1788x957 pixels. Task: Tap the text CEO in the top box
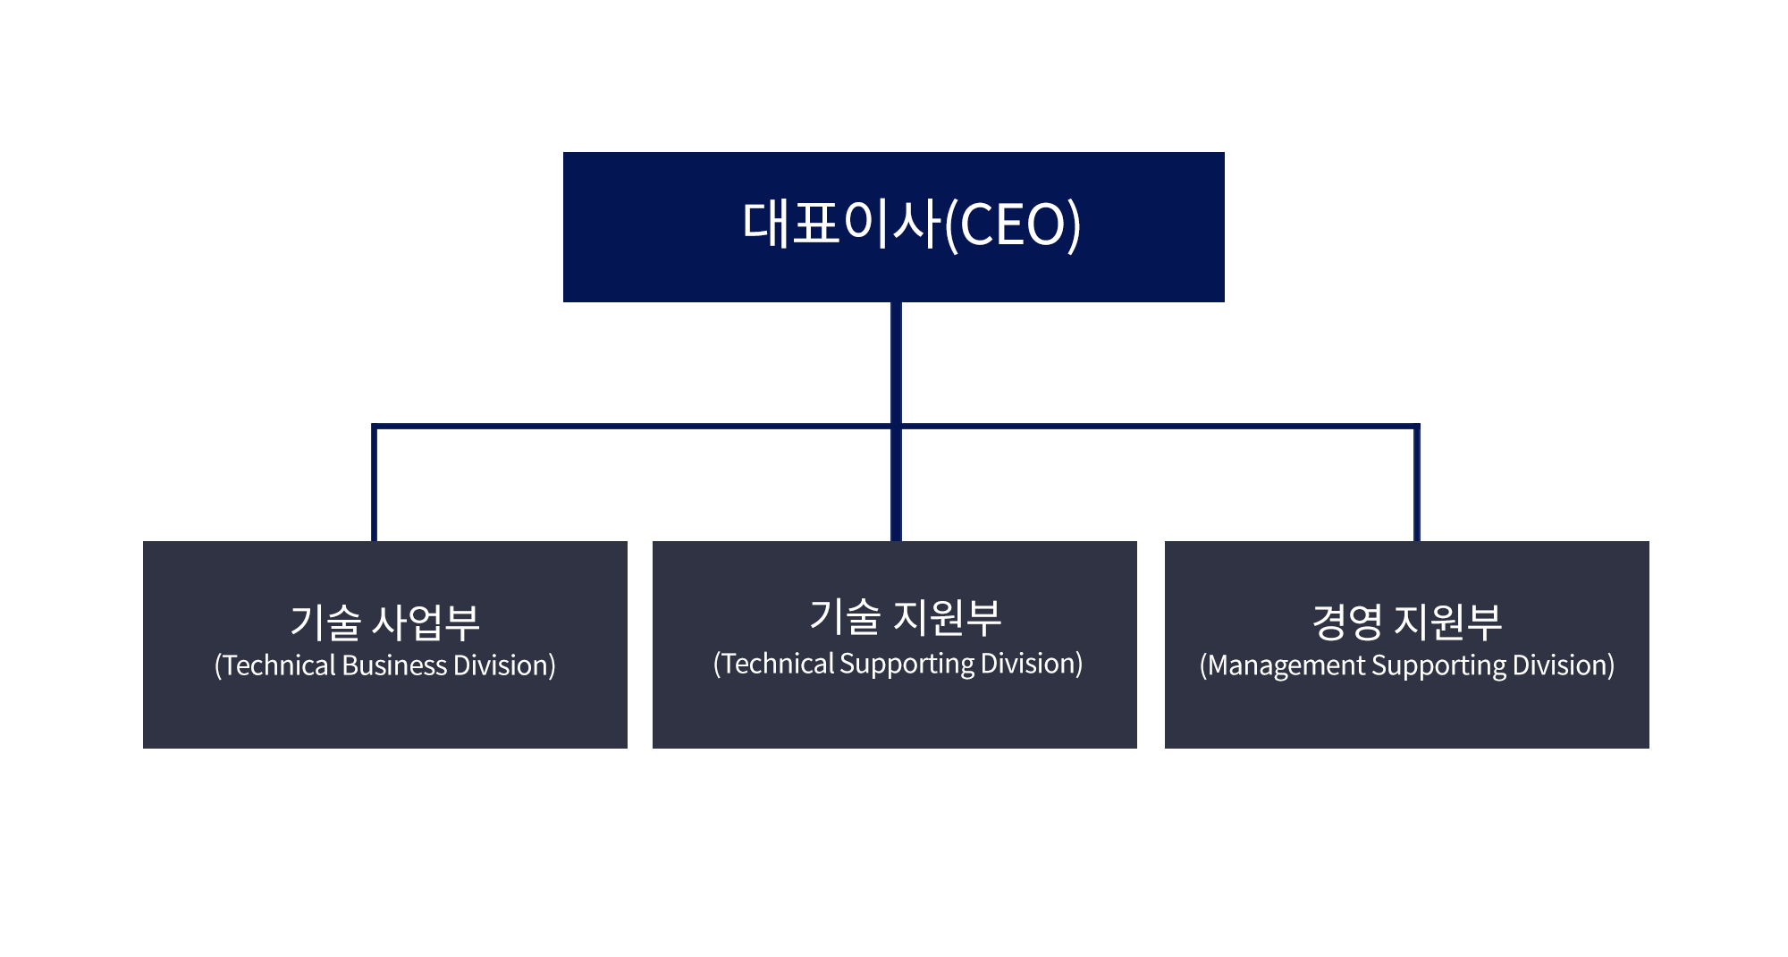[x=1014, y=224]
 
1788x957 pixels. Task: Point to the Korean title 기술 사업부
[x=384, y=622]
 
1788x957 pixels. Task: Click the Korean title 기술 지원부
[x=905, y=617]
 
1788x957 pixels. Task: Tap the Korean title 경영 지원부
[x=1406, y=622]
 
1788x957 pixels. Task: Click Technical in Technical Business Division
[x=279, y=665]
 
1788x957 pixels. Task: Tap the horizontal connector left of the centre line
[x=626, y=427]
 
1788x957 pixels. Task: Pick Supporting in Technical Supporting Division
[x=907, y=665]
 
